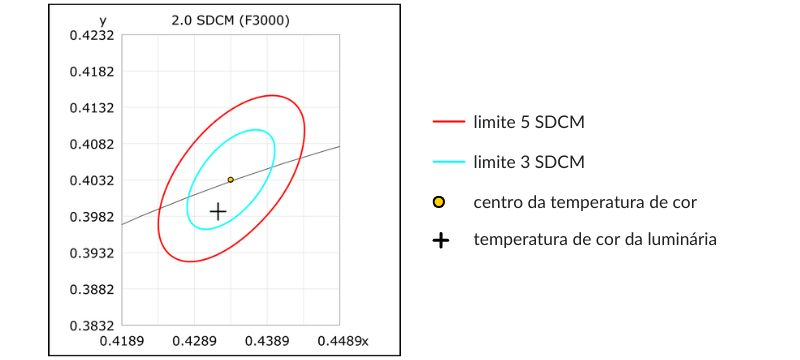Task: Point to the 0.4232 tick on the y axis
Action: [x=90, y=35]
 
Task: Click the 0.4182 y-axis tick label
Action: [x=90, y=72]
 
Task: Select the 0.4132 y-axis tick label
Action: [x=90, y=108]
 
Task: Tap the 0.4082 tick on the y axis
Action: [x=90, y=144]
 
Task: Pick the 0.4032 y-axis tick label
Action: [x=90, y=181]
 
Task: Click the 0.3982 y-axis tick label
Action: [x=90, y=217]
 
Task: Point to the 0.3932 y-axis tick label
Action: [x=90, y=253]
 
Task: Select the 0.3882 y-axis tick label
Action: [x=90, y=290]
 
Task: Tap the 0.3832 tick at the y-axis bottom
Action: [x=90, y=326]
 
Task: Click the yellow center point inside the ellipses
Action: [x=231, y=180]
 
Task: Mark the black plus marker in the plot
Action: [x=218, y=211]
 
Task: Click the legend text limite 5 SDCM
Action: [x=529, y=122]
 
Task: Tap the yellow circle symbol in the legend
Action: [x=439, y=202]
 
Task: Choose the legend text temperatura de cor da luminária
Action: [x=595, y=239]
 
